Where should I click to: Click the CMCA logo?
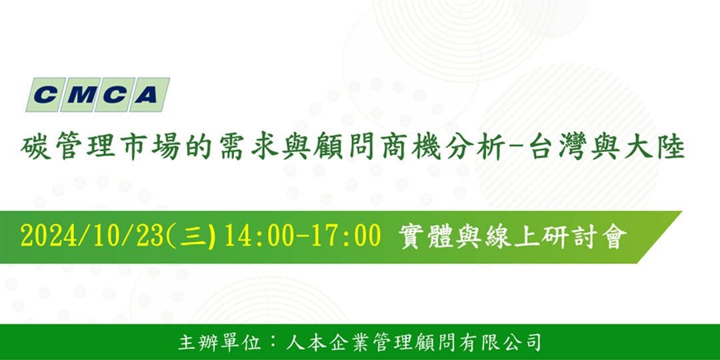97,95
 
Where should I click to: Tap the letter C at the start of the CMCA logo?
45,95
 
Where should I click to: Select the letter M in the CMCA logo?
78,95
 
